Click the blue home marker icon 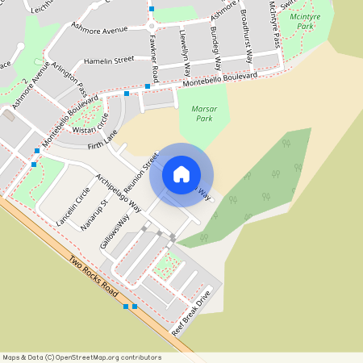[181, 174]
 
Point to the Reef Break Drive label [196, 312]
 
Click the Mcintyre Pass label [274, 23]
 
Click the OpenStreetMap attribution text [82, 357]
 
